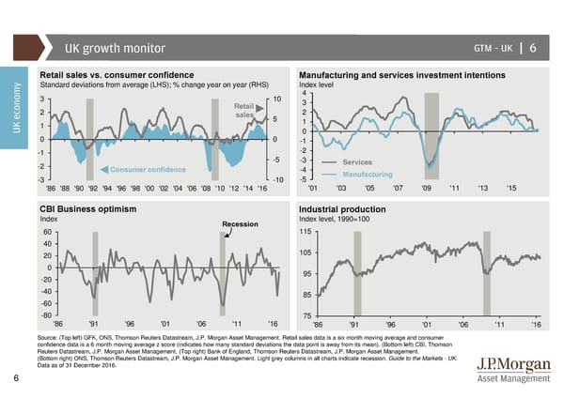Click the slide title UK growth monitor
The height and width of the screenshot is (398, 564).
click(x=115, y=49)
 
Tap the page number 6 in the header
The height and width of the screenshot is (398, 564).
click(x=532, y=49)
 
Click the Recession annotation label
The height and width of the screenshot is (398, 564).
click(x=242, y=223)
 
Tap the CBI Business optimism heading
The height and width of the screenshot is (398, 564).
click(x=88, y=207)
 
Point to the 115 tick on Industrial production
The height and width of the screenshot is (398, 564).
click(x=305, y=232)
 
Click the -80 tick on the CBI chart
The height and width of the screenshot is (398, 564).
click(x=46, y=315)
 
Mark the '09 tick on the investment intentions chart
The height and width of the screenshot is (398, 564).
click(x=427, y=188)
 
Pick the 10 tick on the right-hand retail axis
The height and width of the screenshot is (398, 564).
click(x=277, y=99)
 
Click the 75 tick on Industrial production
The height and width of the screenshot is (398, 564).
click(x=306, y=315)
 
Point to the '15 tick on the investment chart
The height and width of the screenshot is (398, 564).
click(x=510, y=188)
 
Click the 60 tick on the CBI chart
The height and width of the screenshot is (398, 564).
click(x=47, y=233)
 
